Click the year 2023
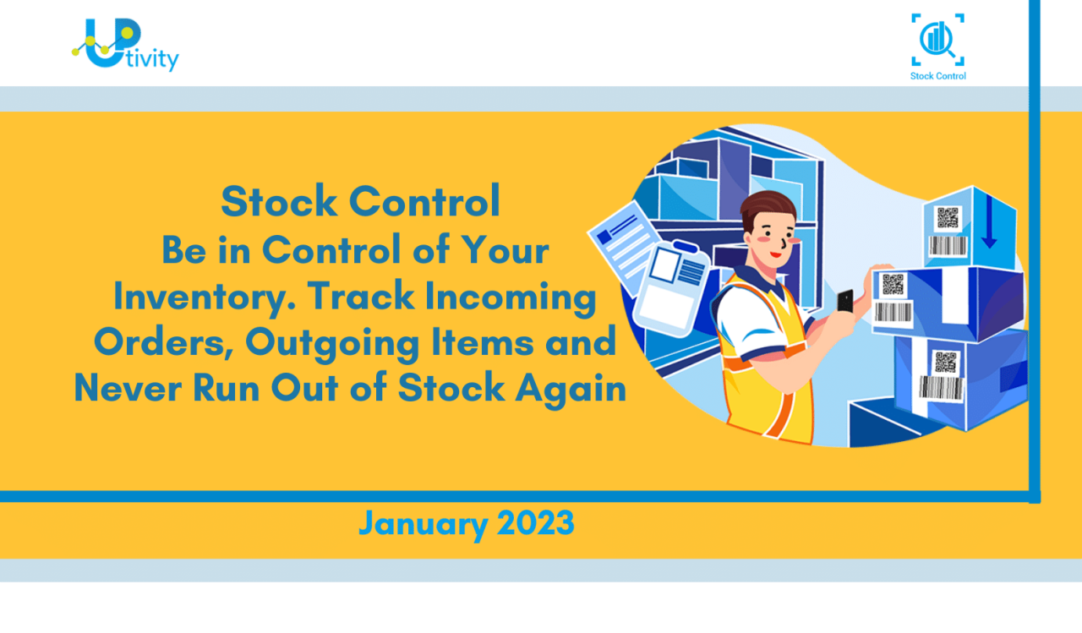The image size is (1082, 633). pyautogui.click(x=535, y=523)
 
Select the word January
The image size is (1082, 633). pyautogui.click(x=423, y=523)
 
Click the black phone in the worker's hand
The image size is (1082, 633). pyautogui.click(x=844, y=300)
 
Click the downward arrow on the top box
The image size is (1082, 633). pyautogui.click(x=988, y=228)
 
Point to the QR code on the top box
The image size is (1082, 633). pyautogui.click(x=948, y=217)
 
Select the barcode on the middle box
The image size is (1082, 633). pyautogui.click(x=893, y=313)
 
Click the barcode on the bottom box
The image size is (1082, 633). pyautogui.click(x=941, y=388)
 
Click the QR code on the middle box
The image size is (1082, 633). pyautogui.click(x=893, y=284)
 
